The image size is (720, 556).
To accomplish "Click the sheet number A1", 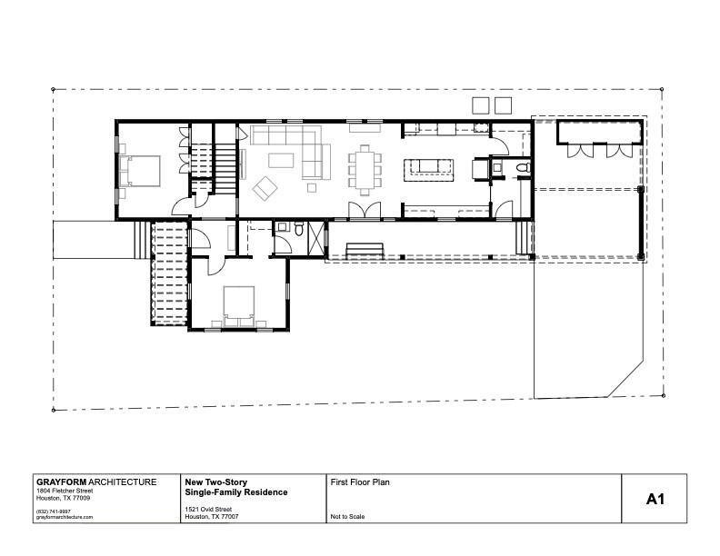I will click(x=656, y=499).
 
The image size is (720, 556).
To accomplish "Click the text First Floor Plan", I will click(x=359, y=482).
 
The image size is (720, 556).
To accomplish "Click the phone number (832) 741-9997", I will click(x=54, y=510).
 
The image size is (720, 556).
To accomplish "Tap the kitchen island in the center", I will click(x=427, y=167).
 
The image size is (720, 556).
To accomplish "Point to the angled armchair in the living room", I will click(x=266, y=189).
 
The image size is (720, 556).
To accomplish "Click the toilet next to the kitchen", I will click(x=521, y=168).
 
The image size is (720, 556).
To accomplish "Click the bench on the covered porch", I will click(x=365, y=248).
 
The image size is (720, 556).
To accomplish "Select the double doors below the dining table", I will click(x=364, y=212).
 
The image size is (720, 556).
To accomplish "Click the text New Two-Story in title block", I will click(x=215, y=482).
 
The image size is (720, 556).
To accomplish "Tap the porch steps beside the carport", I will click(x=522, y=240).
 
